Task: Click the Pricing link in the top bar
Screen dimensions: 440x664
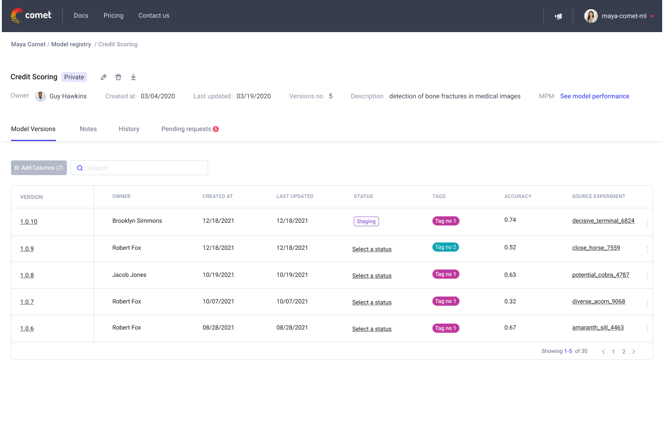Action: [x=113, y=16]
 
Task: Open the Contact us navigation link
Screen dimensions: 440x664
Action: [x=154, y=16]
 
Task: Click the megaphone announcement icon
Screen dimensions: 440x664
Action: [x=558, y=16]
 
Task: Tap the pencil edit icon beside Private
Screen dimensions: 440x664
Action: [x=104, y=77]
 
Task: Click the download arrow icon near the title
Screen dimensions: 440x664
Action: [x=133, y=77]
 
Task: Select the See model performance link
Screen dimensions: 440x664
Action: [x=594, y=96]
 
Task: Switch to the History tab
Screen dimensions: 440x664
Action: [x=129, y=129]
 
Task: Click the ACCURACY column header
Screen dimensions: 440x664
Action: [x=518, y=196]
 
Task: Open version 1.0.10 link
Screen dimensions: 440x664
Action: [x=28, y=222]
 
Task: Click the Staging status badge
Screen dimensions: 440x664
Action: [x=366, y=221]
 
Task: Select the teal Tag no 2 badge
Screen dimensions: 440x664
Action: [x=445, y=247]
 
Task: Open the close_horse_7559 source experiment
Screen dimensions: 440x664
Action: [x=596, y=248]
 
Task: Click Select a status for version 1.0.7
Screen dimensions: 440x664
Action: [x=371, y=302]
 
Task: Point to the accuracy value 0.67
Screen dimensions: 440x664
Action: [x=510, y=328]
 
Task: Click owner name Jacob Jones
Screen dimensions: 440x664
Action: [x=129, y=275]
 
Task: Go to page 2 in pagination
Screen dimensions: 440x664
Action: [x=623, y=352]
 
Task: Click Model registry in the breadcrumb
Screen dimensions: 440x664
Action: [x=71, y=44]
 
